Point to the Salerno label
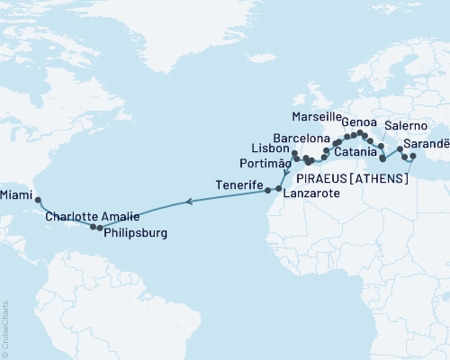point(405,126)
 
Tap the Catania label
point(357,154)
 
